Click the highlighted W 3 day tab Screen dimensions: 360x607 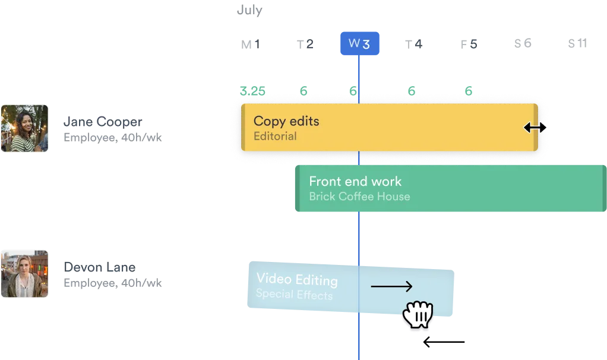coord(359,43)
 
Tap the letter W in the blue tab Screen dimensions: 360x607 coord(354,43)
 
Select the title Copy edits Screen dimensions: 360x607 coord(286,121)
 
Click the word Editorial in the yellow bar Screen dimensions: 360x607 coord(274,137)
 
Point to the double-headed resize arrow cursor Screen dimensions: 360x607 coord(535,127)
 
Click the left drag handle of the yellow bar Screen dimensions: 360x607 coord(243,127)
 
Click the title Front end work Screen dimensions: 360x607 coord(355,181)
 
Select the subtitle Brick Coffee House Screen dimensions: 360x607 coord(359,197)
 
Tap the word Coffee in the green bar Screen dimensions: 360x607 coord(357,197)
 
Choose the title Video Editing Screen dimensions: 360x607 coord(297,279)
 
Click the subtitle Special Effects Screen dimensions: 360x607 coord(294,294)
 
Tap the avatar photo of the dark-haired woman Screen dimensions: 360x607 coord(24,128)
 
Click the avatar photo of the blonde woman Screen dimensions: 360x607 coord(24,273)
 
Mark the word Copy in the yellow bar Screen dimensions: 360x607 coord(266,121)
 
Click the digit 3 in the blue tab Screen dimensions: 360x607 coord(366,43)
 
